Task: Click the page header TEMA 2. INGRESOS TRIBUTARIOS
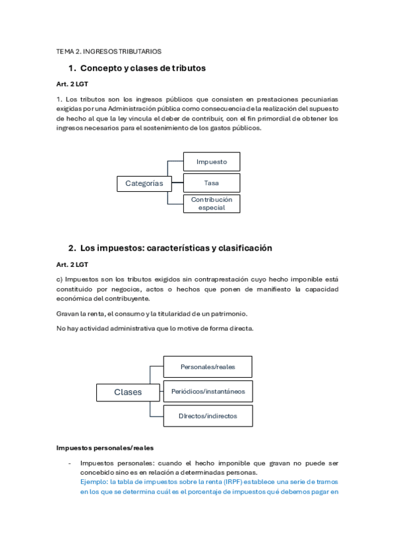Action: [109, 51]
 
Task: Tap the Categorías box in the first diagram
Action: [144, 183]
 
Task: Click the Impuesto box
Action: [212, 162]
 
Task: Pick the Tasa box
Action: [212, 183]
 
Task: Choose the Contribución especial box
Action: [212, 203]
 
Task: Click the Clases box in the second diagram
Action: [128, 392]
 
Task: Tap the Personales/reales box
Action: [207, 367]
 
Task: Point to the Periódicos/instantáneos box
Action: [207, 391]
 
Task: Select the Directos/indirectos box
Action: [207, 416]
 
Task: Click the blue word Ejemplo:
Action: [95, 481]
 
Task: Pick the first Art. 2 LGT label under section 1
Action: [72, 84]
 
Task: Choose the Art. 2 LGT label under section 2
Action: [72, 264]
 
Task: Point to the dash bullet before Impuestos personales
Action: [69, 463]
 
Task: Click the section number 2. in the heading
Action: [72, 249]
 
